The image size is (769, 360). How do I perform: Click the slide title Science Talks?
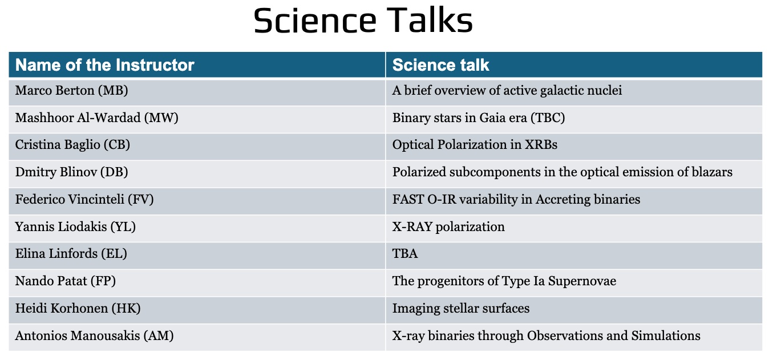click(x=363, y=20)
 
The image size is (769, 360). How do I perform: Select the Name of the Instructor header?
click(x=105, y=65)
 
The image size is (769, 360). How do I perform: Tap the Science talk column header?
click(x=440, y=65)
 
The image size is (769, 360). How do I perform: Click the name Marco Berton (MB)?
click(x=71, y=91)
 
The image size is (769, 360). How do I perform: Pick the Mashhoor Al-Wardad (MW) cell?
click(x=96, y=118)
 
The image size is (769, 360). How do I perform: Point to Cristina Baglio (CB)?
click(x=72, y=145)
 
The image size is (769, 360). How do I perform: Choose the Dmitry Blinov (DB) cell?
click(x=71, y=172)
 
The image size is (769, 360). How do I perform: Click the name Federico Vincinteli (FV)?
click(x=84, y=199)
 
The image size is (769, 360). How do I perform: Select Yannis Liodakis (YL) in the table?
click(x=75, y=226)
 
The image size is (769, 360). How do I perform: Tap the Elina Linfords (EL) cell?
click(x=71, y=254)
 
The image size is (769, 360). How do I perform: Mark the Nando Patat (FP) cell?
click(x=65, y=281)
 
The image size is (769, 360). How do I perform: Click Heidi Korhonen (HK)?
click(x=78, y=308)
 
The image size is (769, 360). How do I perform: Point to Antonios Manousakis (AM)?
click(x=94, y=335)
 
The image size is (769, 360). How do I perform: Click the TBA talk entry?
click(x=405, y=254)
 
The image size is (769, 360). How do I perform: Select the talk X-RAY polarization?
click(x=448, y=227)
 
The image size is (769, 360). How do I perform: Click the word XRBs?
click(x=541, y=145)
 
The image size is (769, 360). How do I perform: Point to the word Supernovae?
click(x=582, y=281)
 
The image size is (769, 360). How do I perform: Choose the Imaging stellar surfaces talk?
click(x=461, y=309)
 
